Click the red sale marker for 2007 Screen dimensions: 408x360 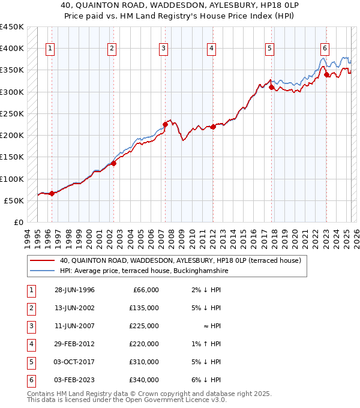[165, 124]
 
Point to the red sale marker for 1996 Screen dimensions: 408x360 [52, 193]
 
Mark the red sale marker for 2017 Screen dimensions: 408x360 [271, 87]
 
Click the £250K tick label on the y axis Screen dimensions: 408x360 [12, 113]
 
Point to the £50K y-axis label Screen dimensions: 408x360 [14, 200]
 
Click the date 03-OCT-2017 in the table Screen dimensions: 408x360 [74, 362]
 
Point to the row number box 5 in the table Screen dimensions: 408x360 [30, 362]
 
